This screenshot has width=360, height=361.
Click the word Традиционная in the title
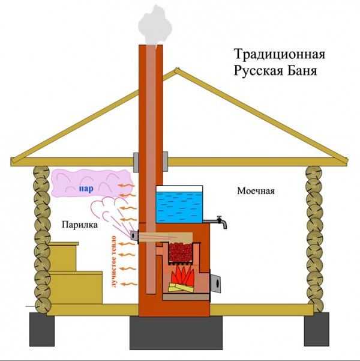tap(279, 55)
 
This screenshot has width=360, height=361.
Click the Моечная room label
tap(255, 192)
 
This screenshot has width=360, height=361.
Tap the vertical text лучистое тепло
tap(112, 261)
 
